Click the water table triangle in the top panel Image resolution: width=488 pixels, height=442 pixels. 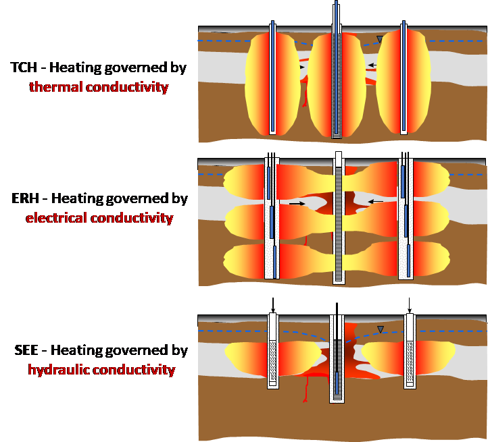pyautogui.click(x=380, y=39)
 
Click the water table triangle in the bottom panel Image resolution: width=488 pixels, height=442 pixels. pyautogui.click(x=381, y=329)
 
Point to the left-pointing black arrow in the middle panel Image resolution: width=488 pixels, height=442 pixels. pyautogui.click(x=376, y=202)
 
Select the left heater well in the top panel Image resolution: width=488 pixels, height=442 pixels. pyautogui.click(x=272, y=78)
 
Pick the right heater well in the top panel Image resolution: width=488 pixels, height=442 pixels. pyautogui.click(x=404, y=78)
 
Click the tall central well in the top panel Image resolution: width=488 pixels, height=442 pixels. pyautogui.click(x=337, y=74)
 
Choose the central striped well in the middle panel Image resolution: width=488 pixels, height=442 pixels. pyautogui.click(x=338, y=219)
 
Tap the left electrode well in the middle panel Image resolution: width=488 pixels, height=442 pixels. pyautogui.click(x=271, y=219)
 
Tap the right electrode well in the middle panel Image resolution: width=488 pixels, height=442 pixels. pyautogui.click(x=406, y=219)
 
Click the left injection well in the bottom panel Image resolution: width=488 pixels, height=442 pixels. pyautogui.click(x=273, y=351)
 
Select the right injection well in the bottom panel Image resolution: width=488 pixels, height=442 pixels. pyautogui.click(x=409, y=351)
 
